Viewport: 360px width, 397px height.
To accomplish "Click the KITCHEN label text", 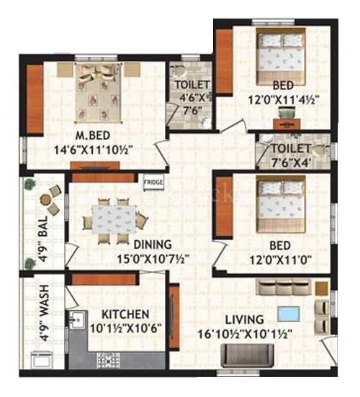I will click(x=125, y=314).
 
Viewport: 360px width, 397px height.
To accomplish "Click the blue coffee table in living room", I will click(x=290, y=314).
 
